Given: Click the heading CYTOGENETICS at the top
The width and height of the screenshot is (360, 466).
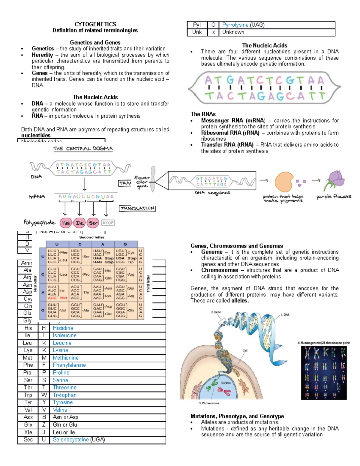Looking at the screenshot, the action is [95, 24].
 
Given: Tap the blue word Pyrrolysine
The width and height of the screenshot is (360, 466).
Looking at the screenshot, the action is [235, 25].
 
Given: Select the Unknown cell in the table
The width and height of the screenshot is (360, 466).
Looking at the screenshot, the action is [233, 32].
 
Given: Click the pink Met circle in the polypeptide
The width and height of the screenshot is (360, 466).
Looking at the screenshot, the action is [66, 223].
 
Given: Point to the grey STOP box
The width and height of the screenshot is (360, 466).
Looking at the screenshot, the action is [108, 223].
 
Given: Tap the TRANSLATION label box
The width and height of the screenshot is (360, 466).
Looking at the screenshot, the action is [138, 208].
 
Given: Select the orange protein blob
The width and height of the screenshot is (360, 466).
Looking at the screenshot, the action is [284, 182].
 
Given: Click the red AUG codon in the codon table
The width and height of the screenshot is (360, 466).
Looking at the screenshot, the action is [52, 298].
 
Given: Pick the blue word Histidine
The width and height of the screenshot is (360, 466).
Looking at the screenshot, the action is [63, 328].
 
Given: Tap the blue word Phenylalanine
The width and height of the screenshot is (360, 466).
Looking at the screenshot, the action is [69, 365].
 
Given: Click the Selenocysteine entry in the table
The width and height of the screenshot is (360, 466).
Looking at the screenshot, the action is [71, 440].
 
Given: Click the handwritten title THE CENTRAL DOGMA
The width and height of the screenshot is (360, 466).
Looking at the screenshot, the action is [83, 149].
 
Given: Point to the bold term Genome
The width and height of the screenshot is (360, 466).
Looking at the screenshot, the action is [212, 252].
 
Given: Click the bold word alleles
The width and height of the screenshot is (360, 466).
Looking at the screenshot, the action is [240, 301].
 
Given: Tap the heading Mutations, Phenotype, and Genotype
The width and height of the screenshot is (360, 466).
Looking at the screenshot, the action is [237, 416].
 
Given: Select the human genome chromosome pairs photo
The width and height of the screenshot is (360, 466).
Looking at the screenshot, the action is [324, 373].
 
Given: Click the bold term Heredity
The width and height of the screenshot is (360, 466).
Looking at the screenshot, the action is [42, 55].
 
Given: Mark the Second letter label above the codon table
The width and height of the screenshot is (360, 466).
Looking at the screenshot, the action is [91, 237].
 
